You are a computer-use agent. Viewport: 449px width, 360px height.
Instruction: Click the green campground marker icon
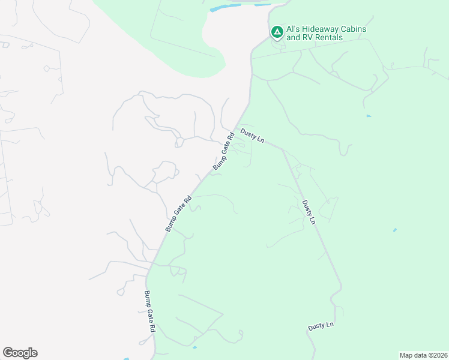(x=277, y=31)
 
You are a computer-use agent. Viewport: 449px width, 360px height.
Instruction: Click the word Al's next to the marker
(x=294, y=29)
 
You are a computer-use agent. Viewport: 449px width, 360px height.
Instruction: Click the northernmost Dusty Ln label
(x=252, y=135)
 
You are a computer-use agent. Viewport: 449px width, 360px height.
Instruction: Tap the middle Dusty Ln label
(x=309, y=212)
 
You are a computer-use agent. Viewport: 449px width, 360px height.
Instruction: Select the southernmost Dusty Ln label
(x=321, y=326)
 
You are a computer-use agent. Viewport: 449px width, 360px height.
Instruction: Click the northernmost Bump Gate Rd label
(x=221, y=153)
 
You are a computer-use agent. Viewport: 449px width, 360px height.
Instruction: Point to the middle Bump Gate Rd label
(x=178, y=214)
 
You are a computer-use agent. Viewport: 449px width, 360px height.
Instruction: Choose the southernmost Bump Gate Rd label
(x=149, y=312)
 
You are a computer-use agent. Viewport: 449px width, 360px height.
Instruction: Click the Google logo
(x=20, y=353)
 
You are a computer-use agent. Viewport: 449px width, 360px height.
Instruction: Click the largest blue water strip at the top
(x=224, y=8)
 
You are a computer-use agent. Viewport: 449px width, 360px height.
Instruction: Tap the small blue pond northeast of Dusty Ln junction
(x=369, y=116)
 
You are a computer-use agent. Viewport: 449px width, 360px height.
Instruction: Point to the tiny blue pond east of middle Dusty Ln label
(x=394, y=230)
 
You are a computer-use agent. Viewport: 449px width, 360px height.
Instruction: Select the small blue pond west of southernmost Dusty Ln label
(x=194, y=347)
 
